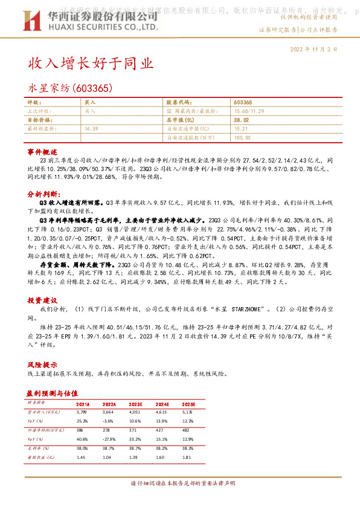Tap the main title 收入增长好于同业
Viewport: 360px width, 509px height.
[91, 63]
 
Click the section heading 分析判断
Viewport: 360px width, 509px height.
[43, 195]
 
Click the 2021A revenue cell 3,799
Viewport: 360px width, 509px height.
[82, 412]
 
